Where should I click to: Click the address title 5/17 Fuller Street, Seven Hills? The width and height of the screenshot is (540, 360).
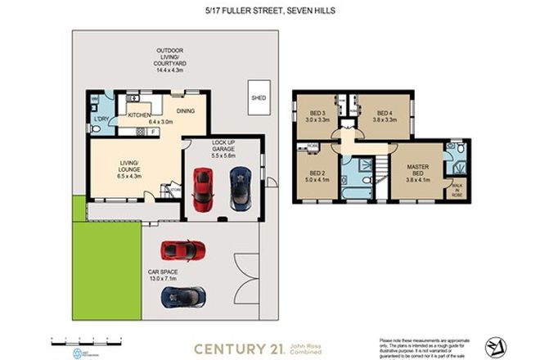pyautogui.click(x=269, y=11)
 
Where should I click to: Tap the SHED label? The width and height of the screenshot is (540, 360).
pyautogui.click(x=259, y=97)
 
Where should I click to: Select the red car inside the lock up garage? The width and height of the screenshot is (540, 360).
pyautogui.click(x=201, y=187)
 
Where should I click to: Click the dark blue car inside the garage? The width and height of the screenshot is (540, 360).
pyautogui.click(x=240, y=187)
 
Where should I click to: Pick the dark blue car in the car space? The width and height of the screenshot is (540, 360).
pyautogui.click(x=183, y=296)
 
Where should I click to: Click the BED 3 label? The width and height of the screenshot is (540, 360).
pyautogui.click(x=318, y=114)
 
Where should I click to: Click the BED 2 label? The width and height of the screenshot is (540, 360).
pyautogui.click(x=318, y=173)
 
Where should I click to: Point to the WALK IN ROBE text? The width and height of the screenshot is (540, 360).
pyautogui.click(x=456, y=191)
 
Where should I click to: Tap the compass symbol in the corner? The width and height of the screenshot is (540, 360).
pyautogui.click(x=495, y=347)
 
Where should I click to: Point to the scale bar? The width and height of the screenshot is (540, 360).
pyautogui.click(x=91, y=338)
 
